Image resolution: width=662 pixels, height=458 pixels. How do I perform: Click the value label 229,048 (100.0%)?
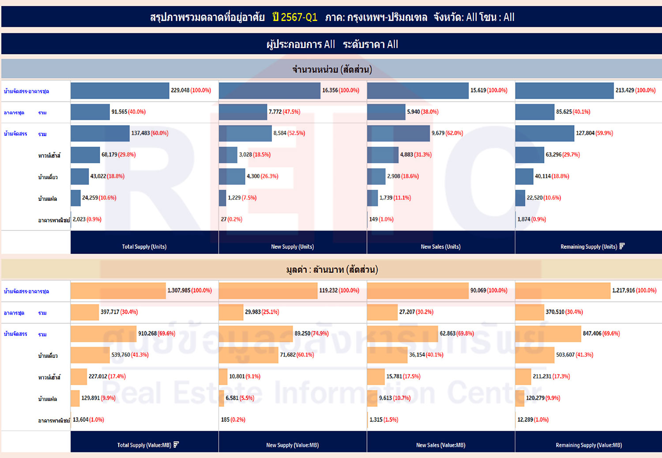coord(191,90)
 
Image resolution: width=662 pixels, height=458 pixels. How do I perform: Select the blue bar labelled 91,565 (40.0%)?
coord(90,112)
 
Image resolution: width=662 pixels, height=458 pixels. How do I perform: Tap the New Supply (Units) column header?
coord(292,247)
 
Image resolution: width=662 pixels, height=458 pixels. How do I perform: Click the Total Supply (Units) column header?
coord(144,247)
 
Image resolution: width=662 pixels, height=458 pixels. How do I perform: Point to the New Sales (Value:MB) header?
coord(440,445)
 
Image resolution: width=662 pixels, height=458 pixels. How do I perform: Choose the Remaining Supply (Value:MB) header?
coord(589,445)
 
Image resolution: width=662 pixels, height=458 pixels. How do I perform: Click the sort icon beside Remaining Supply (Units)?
coord(622,246)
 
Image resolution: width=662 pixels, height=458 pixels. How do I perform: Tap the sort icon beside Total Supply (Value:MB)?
coord(176,445)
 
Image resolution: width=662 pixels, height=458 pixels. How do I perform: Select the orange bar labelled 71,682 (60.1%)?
coord(248,355)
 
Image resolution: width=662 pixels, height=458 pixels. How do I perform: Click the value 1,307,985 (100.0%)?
coord(189,291)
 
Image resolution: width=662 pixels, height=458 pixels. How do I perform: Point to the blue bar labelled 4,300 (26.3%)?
coord(232,176)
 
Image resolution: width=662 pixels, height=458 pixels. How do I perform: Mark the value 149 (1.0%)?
coord(381,219)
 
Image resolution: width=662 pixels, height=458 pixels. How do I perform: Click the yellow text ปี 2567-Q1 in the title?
coord(295,17)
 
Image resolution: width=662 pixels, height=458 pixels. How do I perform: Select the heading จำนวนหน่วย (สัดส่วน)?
coord(332,69)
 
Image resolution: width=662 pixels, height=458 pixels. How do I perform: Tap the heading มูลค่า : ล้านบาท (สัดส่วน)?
coord(332,270)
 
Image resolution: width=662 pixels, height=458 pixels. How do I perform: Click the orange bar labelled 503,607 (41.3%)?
coord(534,355)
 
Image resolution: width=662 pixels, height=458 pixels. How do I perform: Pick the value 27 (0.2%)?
coord(231,219)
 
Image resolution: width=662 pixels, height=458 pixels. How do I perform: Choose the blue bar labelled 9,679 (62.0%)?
coord(398,133)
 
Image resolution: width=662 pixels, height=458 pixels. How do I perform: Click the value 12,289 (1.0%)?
coord(533,420)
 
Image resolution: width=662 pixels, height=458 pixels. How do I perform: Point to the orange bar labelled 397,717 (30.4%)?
coord(85,312)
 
